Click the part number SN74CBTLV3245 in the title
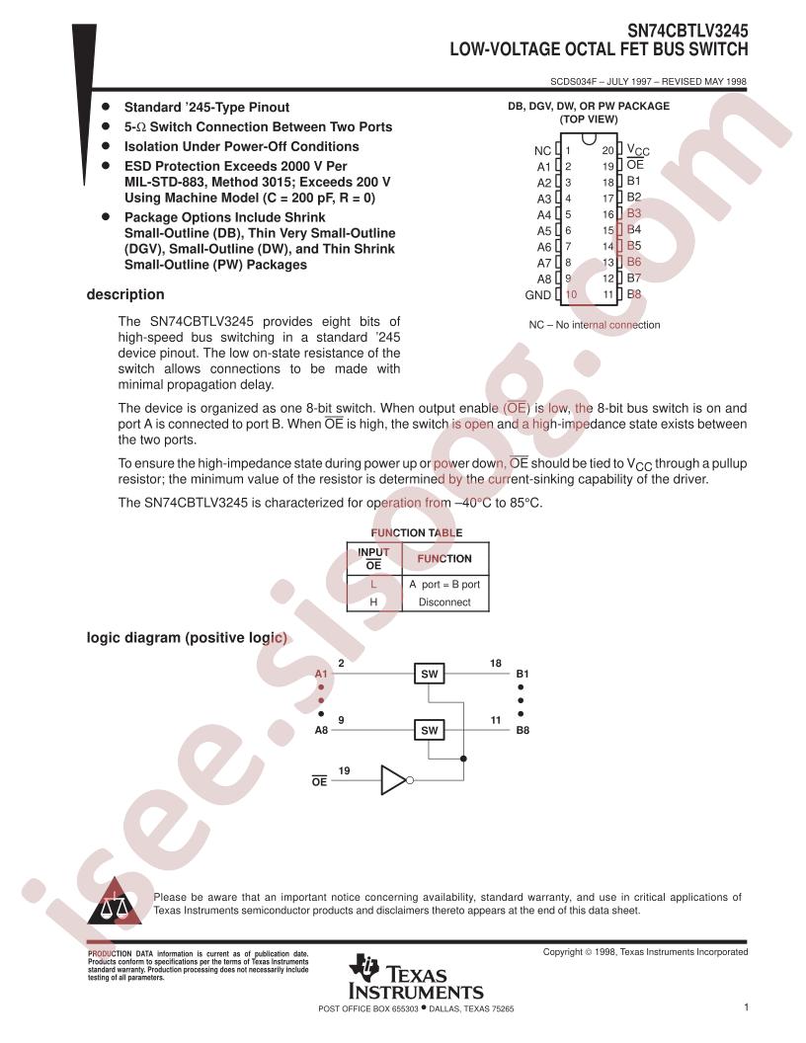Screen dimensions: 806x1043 (687, 32)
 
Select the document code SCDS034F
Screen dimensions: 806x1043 (573, 82)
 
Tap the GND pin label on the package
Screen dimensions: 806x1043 (538, 295)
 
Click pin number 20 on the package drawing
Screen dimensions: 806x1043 (607, 151)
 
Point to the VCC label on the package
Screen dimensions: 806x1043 (638, 150)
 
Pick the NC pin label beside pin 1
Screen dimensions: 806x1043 (542, 151)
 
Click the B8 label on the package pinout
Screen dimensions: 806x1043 (634, 294)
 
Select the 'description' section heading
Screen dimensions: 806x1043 (125, 294)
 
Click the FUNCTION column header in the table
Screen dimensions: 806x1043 (444, 559)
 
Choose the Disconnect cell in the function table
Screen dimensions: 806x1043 (444, 602)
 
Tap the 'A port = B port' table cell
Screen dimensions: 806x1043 (444, 584)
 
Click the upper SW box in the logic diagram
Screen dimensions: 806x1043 (429, 674)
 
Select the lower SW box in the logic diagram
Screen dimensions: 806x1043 (429, 730)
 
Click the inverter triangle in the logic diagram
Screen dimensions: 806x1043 (392, 780)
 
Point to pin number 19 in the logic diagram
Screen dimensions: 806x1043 (344, 771)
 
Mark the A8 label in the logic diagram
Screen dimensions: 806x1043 (321, 730)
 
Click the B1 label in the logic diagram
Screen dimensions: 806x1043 (523, 674)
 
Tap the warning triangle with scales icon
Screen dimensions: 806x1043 (115, 902)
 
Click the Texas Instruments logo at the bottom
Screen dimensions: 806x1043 (416, 977)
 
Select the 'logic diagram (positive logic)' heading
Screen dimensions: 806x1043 (187, 638)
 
